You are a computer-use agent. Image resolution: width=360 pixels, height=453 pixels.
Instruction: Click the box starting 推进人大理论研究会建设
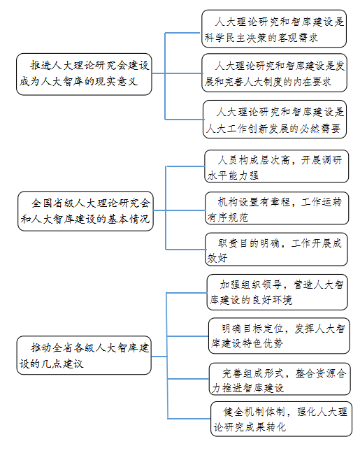pyautogui.click(x=84, y=74)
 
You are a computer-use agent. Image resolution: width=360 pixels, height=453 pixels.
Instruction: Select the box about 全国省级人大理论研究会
pyautogui.click(x=85, y=211)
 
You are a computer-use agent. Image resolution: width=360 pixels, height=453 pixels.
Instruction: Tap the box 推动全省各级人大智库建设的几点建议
pyautogui.click(x=84, y=355)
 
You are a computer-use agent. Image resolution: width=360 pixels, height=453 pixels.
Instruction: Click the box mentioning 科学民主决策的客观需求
pyautogui.click(x=274, y=29)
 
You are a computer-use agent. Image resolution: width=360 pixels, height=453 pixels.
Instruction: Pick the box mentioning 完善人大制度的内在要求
pyautogui.click(x=274, y=73)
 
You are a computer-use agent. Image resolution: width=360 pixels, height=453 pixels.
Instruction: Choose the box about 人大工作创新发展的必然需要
pyautogui.click(x=275, y=120)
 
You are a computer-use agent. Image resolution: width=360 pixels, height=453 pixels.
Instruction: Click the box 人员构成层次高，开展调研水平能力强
pyautogui.click(x=277, y=166)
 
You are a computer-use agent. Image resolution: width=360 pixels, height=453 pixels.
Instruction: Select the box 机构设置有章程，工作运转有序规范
pyautogui.click(x=277, y=208)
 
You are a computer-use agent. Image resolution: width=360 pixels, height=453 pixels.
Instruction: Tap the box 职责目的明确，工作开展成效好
pyautogui.click(x=276, y=250)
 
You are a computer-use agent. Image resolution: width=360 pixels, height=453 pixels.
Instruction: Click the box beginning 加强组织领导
pyautogui.click(x=278, y=292)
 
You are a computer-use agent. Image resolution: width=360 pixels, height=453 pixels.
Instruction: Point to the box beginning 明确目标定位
pyautogui.click(x=279, y=336)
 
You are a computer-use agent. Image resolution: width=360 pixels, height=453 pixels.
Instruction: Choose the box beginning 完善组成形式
pyautogui.click(x=280, y=379)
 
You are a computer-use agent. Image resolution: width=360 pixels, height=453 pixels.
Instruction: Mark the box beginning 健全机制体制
pyautogui.click(x=282, y=419)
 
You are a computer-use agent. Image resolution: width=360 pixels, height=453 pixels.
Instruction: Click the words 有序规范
pyautogui.click(x=228, y=217)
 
